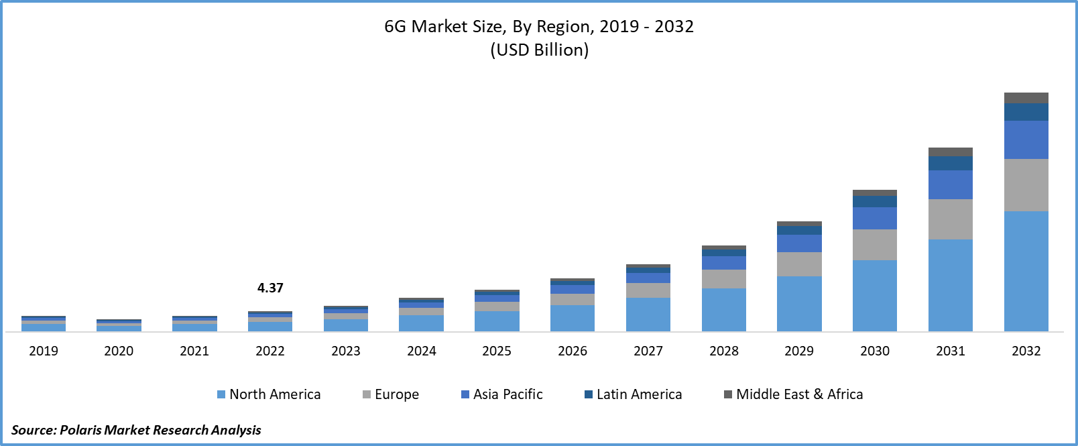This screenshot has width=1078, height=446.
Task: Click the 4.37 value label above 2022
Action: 270,288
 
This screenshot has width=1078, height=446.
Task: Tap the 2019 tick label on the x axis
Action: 44,351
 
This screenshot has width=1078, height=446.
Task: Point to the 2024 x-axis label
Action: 422,351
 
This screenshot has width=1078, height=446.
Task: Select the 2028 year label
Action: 724,351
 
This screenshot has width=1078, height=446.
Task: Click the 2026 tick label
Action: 573,351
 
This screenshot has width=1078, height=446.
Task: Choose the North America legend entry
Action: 269,394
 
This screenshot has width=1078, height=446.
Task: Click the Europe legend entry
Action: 391,394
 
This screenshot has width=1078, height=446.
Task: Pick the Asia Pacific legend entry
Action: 502,394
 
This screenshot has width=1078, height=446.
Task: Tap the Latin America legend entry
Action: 634,394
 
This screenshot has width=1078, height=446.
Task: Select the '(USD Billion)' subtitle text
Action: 539,50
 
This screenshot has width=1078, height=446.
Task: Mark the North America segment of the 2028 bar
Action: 724,309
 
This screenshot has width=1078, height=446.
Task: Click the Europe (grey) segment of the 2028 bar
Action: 724,279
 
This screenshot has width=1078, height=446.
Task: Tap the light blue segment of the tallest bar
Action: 1026,271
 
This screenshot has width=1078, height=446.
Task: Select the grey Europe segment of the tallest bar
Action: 1026,185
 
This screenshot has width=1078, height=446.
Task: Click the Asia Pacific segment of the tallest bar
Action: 1026,140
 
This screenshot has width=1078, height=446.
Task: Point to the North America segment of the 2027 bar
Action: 648,314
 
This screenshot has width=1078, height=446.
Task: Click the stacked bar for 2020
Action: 119,326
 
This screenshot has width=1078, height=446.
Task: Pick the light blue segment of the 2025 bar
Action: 497,321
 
